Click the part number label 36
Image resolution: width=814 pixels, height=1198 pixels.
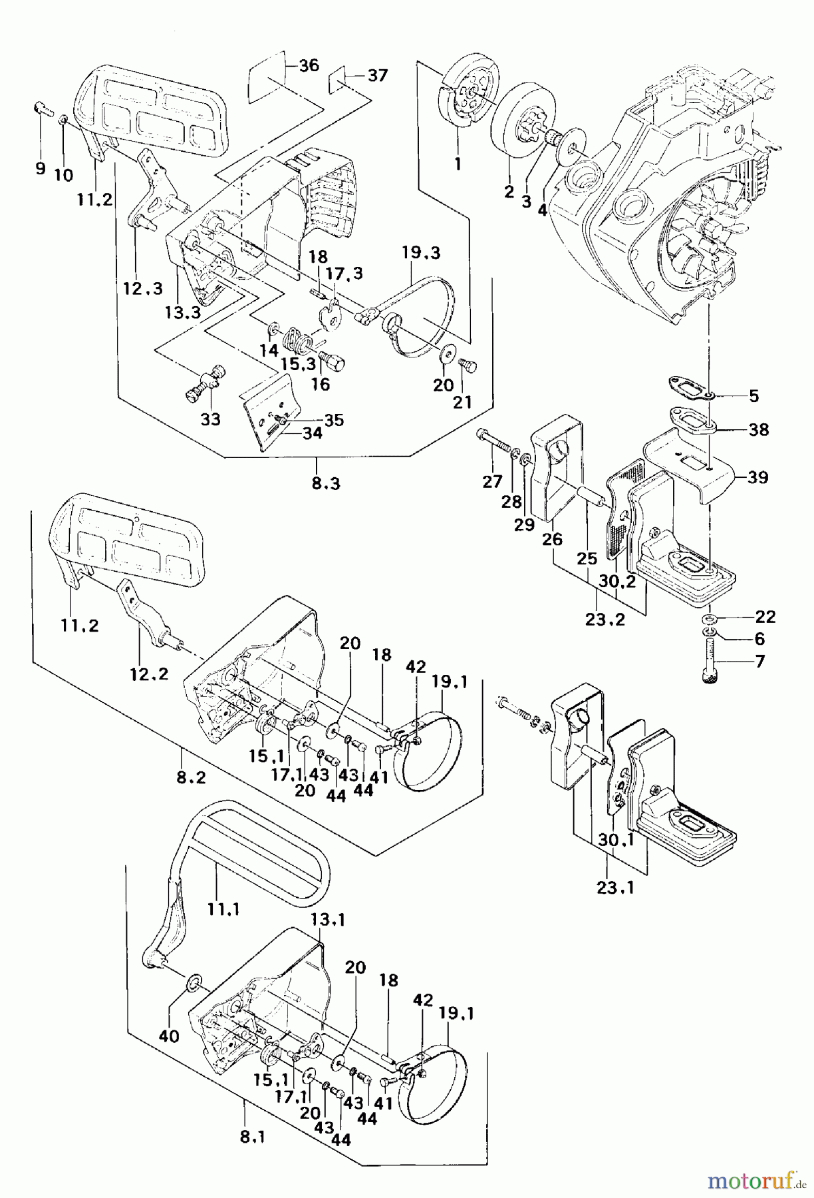pyautogui.click(x=309, y=65)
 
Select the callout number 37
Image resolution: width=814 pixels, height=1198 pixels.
pyautogui.click(x=377, y=76)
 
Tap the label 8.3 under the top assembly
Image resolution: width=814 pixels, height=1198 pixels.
pyautogui.click(x=325, y=483)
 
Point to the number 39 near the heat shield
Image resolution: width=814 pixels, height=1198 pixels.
pyautogui.click(x=757, y=477)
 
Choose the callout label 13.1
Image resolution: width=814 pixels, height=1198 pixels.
pyautogui.click(x=328, y=919)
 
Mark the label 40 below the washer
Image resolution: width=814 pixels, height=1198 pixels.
pyautogui.click(x=169, y=1036)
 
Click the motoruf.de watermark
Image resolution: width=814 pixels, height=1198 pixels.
pyautogui.click(x=755, y=1181)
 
